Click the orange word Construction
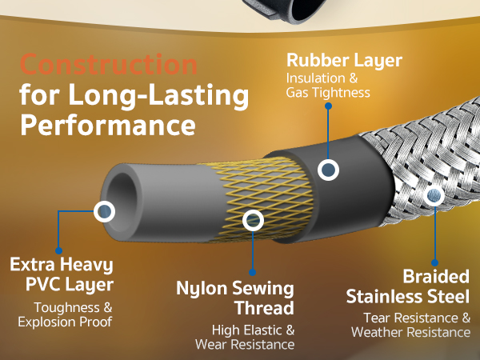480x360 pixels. click(x=109, y=65)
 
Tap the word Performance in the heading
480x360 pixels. click(x=108, y=125)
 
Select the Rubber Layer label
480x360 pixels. click(x=344, y=61)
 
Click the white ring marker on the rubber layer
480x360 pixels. click(x=328, y=170)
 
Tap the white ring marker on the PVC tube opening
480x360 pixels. click(x=104, y=211)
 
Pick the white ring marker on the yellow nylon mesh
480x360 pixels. click(x=253, y=221)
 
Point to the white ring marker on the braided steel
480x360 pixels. click(x=434, y=195)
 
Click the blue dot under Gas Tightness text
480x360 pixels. click(x=328, y=106)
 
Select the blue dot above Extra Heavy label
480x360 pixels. click(x=58, y=250)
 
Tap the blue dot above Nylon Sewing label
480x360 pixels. click(x=252, y=272)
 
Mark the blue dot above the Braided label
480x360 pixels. click(x=434, y=262)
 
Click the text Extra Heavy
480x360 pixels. click(x=62, y=265)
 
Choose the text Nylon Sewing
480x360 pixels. click(x=235, y=289)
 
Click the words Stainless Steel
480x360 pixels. click(x=407, y=297)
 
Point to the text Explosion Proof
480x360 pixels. click(x=65, y=322)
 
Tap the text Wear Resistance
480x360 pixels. click(x=245, y=344)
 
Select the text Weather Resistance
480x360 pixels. click(x=410, y=332)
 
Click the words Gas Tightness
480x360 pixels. click(x=328, y=93)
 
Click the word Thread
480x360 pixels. click(x=265, y=308)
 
